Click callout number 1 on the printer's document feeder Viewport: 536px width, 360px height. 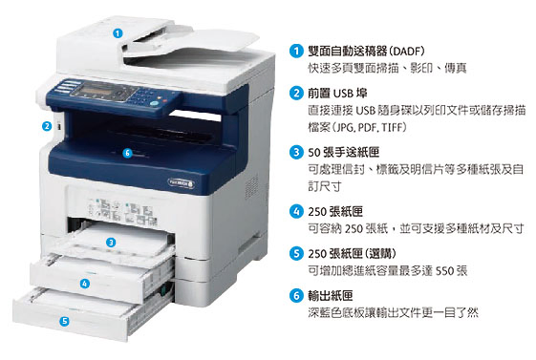(118, 32)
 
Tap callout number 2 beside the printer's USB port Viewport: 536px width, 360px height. (45, 125)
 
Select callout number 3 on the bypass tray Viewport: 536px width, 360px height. (113, 243)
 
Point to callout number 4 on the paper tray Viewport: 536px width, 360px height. (84, 283)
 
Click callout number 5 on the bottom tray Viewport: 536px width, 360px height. (64, 322)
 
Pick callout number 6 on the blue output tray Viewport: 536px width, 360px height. (126, 153)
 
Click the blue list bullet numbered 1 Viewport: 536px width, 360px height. (296, 51)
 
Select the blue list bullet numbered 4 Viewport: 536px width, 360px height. (296, 211)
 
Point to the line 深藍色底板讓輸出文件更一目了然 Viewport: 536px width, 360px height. (393, 312)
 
